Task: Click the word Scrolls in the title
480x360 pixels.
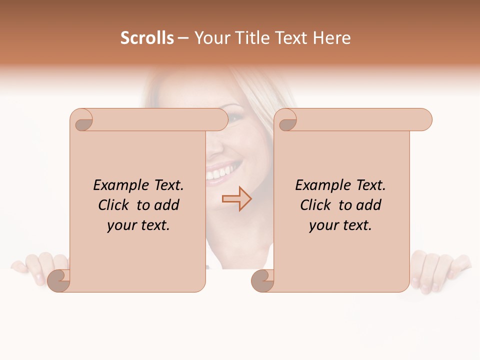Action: pos(147,38)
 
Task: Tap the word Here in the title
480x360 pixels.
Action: pos(332,38)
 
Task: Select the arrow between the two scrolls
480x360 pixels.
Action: pos(236,199)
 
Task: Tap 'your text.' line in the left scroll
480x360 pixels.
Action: pos(138,225)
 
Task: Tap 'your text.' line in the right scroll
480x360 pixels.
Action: pos(340,225)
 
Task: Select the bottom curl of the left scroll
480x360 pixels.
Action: pos(59,281)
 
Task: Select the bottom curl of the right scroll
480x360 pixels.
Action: pos(262,281)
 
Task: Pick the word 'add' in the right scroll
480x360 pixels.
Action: pos(368,205)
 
